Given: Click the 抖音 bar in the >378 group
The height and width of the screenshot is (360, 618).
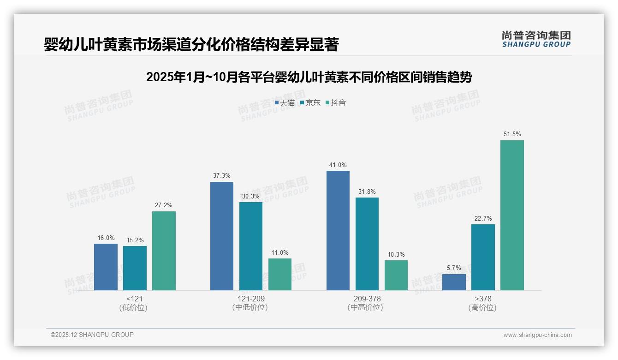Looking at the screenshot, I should click(x=512, y=215).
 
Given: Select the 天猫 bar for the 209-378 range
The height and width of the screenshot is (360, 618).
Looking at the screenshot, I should click(x=338, y=230).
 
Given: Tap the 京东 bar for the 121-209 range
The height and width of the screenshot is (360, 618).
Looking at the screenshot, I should click(x=251, y=246).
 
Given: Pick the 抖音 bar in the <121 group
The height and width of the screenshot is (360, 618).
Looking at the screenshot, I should click(x=164, y=251).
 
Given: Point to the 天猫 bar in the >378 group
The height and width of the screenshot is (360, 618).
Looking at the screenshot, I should click(x=454, y=282).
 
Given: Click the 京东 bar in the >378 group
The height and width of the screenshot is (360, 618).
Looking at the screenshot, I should click(x=483, y=257).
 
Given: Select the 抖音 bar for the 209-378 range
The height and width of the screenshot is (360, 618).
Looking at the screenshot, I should click(x=396, y=275).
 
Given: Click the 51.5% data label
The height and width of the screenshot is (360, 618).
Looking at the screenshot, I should click(x=512, y=134).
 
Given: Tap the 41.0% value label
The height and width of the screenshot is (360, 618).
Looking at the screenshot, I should click(x=338, y=165).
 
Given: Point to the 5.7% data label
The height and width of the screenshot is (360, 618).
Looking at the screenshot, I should click(x=454, y=268).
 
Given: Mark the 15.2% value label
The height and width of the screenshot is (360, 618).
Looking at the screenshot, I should click(x=135, y=240).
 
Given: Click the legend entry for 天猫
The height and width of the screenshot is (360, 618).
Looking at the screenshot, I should click(x=285, y=103).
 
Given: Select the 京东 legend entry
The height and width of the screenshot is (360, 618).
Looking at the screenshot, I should click(x=310, y=103).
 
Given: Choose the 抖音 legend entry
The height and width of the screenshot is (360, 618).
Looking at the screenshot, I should click(x=336, y=103).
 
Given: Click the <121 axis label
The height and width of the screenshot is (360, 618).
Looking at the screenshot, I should click(x=134, y=299).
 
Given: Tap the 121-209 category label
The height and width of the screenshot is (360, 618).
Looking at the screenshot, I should click(x=250, y=299).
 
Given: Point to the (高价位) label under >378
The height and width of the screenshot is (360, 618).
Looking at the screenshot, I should click(x=482, y=307).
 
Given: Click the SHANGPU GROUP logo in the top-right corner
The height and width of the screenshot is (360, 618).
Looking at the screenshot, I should click(x=536, y=39).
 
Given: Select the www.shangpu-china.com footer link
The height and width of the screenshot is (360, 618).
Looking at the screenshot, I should click(x=537, y=335).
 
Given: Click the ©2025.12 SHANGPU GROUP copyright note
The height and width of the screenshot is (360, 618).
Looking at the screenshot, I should click(x=92, y=335).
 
